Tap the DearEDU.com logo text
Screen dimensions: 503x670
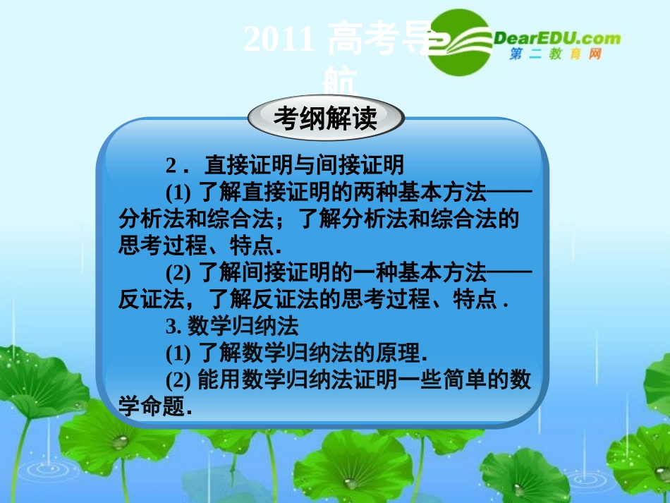556,39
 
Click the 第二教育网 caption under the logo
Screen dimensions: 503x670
555,55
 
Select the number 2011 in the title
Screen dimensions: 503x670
279,40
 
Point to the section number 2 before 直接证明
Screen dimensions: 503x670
171,166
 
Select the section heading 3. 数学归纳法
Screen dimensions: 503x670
233,326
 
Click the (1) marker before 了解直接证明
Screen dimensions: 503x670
179,193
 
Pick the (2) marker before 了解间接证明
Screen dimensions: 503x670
179,272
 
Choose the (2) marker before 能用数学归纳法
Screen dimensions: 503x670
179,380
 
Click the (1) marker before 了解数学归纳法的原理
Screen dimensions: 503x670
179,353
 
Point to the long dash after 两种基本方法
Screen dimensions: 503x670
509,193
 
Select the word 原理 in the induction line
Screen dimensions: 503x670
399,353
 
